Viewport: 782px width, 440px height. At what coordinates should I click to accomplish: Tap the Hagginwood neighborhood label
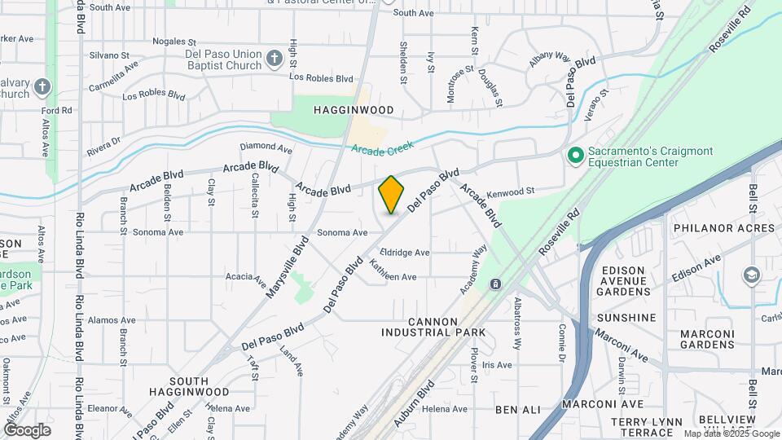[354, 110]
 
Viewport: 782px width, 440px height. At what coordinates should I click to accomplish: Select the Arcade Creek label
[383, 147]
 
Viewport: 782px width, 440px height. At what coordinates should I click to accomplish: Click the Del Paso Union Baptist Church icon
[274, 58]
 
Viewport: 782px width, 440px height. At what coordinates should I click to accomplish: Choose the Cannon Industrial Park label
[433, 326]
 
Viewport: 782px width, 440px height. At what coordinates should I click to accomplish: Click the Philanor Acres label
[724, 228]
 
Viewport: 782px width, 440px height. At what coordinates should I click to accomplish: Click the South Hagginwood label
[200, 386]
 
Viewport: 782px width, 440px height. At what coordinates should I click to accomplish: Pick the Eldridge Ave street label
[404, 253]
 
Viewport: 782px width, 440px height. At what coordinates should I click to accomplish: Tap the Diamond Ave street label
[266, 149]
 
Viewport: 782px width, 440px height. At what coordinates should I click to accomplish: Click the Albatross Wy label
[516, 323]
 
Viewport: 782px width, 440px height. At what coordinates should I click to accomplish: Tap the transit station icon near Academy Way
[495, 284]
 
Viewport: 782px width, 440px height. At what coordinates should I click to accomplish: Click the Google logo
[27, 430]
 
